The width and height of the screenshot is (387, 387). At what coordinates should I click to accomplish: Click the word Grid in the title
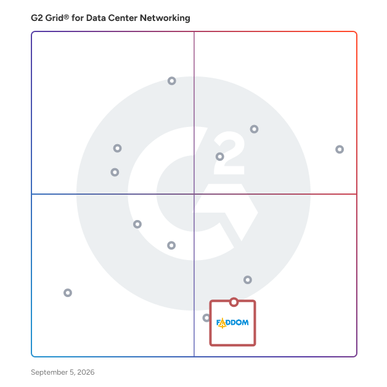tap(54, 18)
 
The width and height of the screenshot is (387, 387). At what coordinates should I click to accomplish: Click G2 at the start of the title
tap(37, 18)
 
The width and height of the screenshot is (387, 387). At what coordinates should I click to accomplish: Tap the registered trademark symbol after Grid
tap(66, 17)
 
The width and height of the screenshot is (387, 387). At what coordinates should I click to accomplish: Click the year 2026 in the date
tap(86, 372)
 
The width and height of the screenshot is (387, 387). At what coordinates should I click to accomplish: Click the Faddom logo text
tap(232, 323)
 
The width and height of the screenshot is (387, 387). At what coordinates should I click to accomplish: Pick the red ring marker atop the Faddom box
tap(234, 302)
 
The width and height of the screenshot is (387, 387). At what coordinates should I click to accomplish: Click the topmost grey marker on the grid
tap(172, 81)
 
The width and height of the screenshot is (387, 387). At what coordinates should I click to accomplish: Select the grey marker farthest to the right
tap(340, 149)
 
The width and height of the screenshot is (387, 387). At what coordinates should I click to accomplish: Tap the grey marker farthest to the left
tap(68, 293)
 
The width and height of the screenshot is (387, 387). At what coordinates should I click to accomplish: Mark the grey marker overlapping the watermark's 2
tap(219, 157)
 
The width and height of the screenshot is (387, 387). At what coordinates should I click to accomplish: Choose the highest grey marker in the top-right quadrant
tap(255, 129)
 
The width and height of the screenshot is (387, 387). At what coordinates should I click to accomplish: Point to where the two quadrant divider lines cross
tap(194, 194)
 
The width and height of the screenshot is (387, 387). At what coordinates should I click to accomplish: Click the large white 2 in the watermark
tap(229, 153)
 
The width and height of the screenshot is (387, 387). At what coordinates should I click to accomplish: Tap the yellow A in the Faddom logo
tap(222, 323)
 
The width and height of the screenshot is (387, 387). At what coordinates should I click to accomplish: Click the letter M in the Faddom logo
tap(245, 322)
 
